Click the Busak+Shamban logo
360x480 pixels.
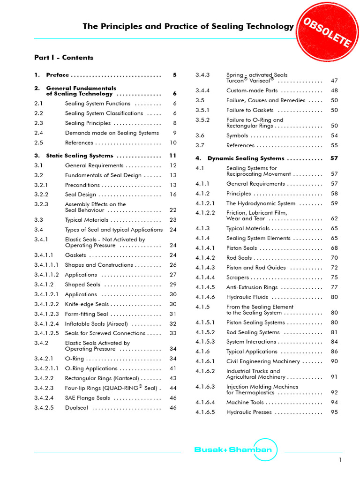tap(232, 450)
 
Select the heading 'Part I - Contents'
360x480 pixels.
tap(64, 58)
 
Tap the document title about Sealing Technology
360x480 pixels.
tap(188, 27)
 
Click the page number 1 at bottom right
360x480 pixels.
tap(341, 460)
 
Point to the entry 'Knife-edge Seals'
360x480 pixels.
tap(87, 304)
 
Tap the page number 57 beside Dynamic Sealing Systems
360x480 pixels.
tap(334, 158)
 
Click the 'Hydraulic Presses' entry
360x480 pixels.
tap(249, 412)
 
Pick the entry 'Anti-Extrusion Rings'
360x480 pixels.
tap(252, 287)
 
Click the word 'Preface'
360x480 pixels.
tap(57, 75)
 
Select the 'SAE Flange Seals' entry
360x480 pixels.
tap(88, 398)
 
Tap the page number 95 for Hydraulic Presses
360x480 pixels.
tap(334, 412)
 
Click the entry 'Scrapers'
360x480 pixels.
tap(238, 277)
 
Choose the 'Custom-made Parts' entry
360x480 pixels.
tap(252, 90)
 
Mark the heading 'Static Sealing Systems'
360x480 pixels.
tap(80, 156)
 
